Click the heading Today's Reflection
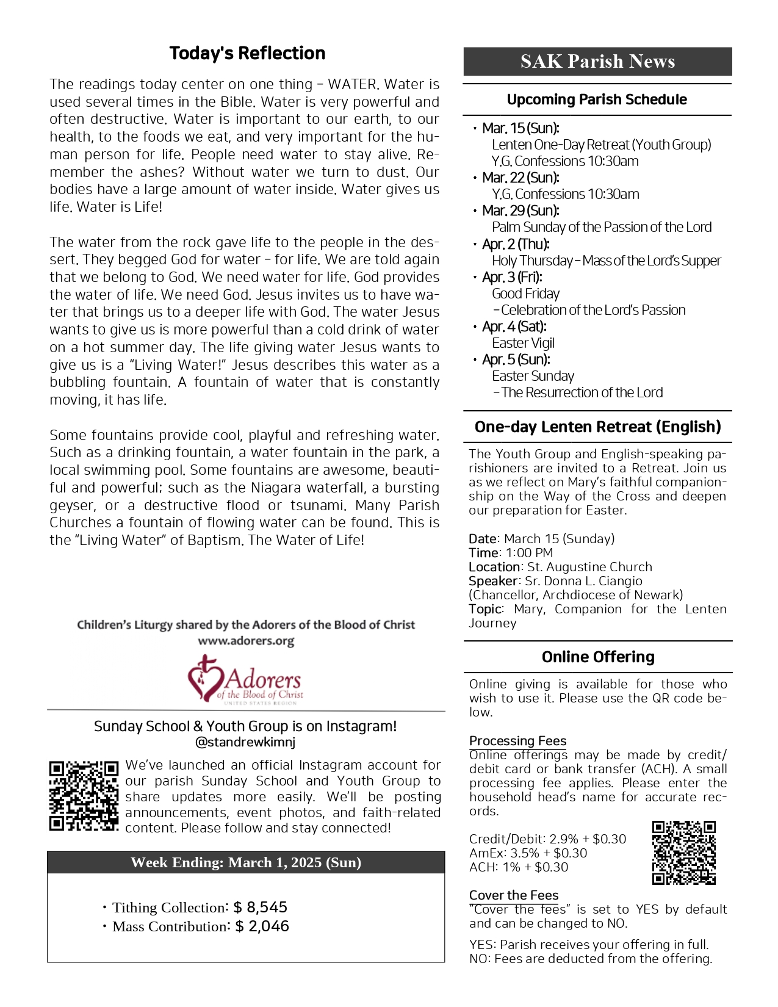pyautogui.click(x=247, y=53)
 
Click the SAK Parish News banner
pyautogui.click(x=597, y=61)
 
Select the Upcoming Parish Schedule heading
pyautogui.click(x=597, y=99)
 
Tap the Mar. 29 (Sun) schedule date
pyautogui.click(x=520, y=211)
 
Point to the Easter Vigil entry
pyautogui.click(x=523, y=343)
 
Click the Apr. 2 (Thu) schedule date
pyautogui.click(x=516, y=244)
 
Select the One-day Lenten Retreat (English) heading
pyautogui.click(x=597, y=427)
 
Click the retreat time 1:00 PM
pyautogui.click(x=529, y=553)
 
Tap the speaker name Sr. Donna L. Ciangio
pyautogui.click(x=583, y=581)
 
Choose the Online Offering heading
pyautogui.click(x=597, y=657)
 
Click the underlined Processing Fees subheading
pyautogui.click(x=517, y=741)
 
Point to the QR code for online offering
pyautogui.click(x=683, y=853)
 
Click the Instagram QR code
pyautogui.click(x=84, y=795)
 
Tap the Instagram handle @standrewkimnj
pyautogui.click(x=245, y=743)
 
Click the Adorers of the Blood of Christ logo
pyautogui.click(x=245, y=680)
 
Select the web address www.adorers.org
pyautogui.click(x=245, y=641)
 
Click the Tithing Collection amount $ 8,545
pyautogui.click(x=261, y=908)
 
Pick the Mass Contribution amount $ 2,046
pyautogui.click(x=262, y=926)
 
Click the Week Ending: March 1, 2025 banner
pyautogui.click(x=245, y=862)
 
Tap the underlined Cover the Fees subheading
pyautogui.click(x=513, y=895)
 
